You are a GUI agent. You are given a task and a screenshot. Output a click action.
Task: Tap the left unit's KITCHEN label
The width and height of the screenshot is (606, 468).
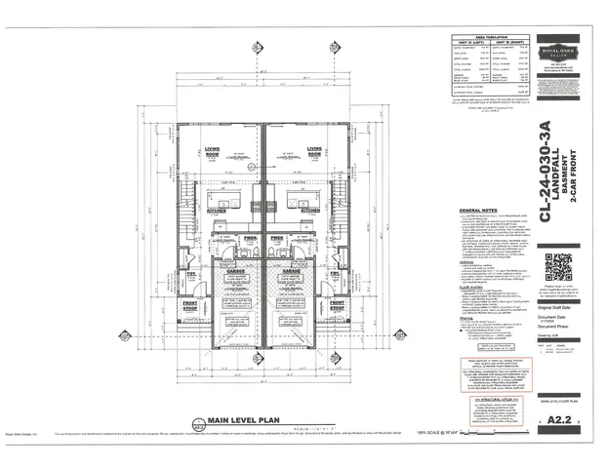click(217, 210)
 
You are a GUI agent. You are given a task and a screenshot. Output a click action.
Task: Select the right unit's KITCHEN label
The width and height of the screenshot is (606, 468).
click(310, 210)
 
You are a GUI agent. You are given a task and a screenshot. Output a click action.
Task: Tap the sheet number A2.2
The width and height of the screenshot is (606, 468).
click(559, 419)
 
